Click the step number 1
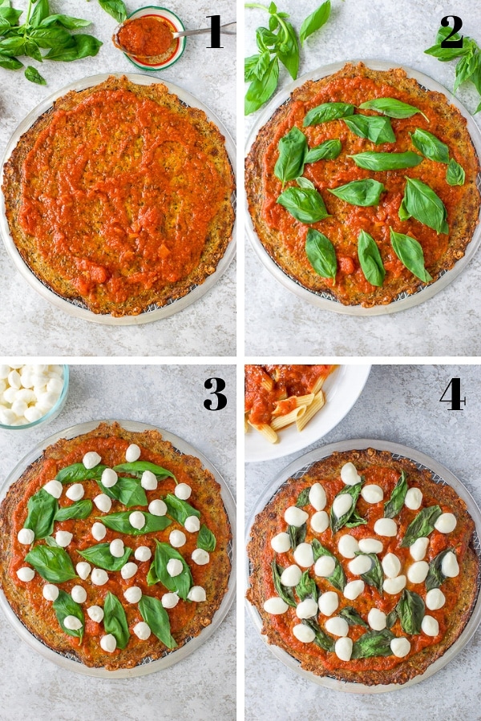click(214, 33)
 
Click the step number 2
click(451, 32)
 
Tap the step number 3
click(214, 394)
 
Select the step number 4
click(451, 394)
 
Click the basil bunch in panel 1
click(44, 36)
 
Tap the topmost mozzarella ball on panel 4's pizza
click(350, 473)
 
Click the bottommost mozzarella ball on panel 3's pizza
click(108, 642)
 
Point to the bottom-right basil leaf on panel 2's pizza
click(410, 255)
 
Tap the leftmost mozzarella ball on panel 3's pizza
click(26, 536)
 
